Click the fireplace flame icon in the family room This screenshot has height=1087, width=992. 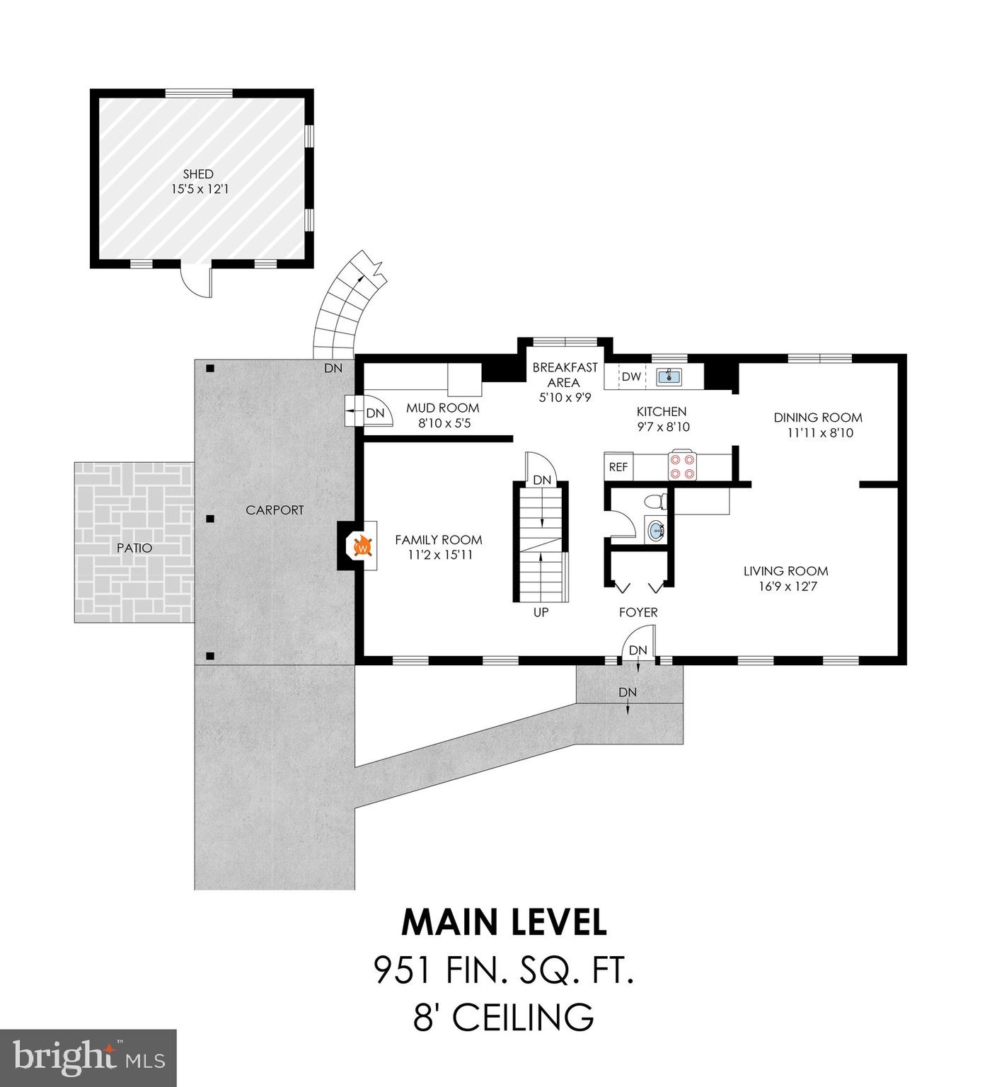[362, 546]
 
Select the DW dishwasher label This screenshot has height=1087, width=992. [631, 376]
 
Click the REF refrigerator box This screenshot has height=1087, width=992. [618, 467]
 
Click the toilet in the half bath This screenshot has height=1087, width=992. [654, 502]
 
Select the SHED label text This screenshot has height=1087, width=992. [198, 173]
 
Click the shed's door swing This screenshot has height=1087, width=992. [197, 281]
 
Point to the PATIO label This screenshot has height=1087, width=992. [134, 548]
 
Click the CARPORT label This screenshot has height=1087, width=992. [275, 510]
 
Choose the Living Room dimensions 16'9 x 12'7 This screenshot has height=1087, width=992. [785, 586]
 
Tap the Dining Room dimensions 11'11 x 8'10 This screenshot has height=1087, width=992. [818, 432]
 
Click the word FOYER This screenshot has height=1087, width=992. [638, 612]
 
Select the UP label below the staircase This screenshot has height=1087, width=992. [541, 612]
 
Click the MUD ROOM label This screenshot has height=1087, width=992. [442, 408]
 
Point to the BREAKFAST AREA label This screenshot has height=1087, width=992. [565, 374]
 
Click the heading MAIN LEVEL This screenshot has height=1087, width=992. [504, 922]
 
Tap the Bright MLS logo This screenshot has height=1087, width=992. [88, 1057]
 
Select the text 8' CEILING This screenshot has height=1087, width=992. [504, 1018]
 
